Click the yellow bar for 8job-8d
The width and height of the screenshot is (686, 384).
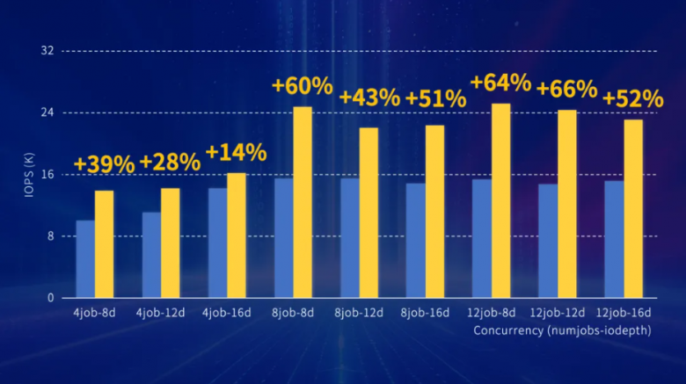pos(303,202)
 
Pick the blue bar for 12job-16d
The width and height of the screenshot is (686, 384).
pos(614,239)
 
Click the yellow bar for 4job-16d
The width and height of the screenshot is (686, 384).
pos(237,235)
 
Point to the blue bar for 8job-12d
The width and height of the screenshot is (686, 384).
pos(349,238)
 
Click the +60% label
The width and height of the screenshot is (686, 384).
pos(302,86)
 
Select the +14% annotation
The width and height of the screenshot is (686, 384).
pos(236,152)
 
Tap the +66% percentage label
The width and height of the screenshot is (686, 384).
pos(566,90)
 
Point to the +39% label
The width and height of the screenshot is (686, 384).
pos(104,164)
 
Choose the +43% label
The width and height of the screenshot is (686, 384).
pos(369,97)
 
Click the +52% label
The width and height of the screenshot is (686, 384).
pos(632,98)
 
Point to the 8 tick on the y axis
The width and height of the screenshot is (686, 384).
pos(51,236)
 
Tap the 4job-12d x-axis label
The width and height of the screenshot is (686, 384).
pos(161,313)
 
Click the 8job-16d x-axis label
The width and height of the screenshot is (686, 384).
pos(425,313)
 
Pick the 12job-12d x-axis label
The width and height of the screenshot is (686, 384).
pos(557,313)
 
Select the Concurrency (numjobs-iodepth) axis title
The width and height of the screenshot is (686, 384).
pos(558,330)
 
